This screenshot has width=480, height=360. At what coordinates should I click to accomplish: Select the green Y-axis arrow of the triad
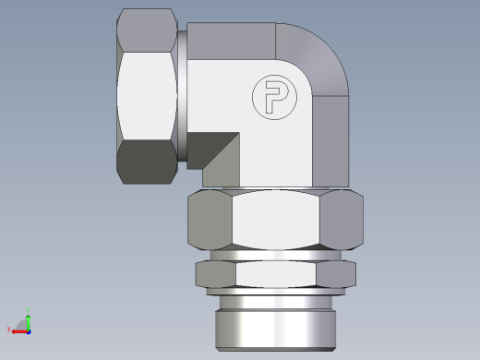point(28,319)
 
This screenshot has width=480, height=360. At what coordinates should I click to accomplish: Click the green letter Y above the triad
point(28,311)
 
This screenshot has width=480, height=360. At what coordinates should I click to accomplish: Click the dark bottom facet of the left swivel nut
point(148,162)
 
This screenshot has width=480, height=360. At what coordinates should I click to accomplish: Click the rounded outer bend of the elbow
point(323,60)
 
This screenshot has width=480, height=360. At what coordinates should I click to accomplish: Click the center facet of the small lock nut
point(275,274)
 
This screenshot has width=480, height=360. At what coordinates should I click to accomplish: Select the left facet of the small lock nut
point(214,274)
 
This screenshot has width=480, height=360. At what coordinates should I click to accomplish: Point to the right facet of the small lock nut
point(337,274)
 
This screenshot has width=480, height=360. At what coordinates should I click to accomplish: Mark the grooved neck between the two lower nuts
point(275,254)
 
